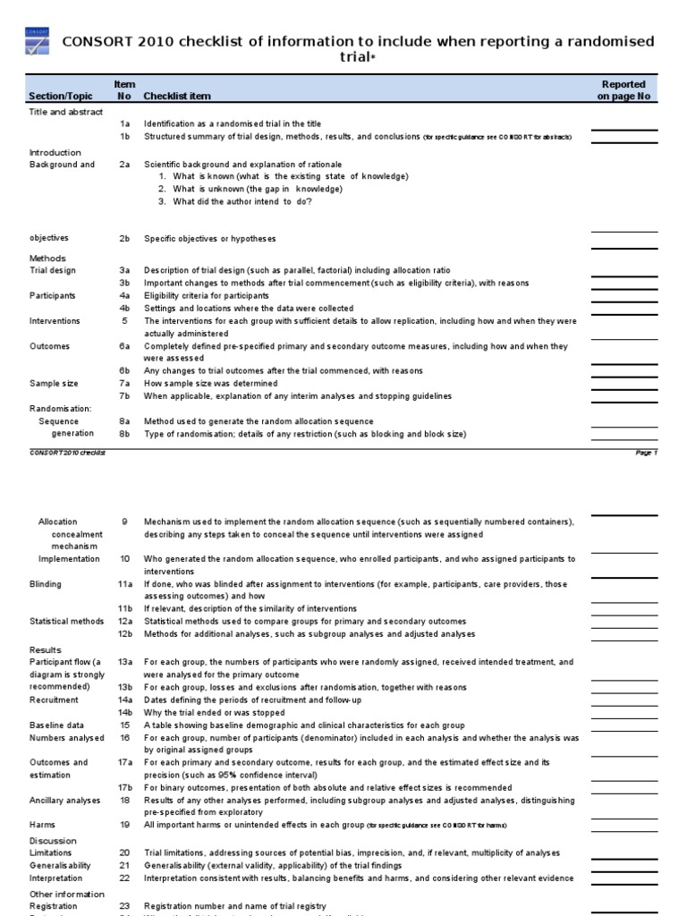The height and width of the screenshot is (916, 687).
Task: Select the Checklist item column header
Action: pos(177,96)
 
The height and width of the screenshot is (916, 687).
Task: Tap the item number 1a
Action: pos(125,124)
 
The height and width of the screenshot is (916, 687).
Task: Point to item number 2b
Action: pos(125,239)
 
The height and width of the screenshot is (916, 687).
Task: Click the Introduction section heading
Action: pos(55,152)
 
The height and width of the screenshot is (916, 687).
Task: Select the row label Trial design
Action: pos(53,270)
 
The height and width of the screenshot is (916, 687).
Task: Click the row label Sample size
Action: pos(54,384)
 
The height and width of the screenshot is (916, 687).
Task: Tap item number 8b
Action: pos(125,434)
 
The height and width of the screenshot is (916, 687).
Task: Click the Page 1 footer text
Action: pos(646,454)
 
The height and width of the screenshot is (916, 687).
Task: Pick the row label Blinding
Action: pos(46,584)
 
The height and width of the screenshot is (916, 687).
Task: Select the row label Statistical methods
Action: pos(66,622)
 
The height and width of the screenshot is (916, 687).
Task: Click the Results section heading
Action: pos(45,649)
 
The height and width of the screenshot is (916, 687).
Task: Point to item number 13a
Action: pos(125,662)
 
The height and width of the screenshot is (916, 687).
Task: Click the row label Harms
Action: pos(42,825)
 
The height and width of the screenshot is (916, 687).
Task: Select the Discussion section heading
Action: pos(53,841)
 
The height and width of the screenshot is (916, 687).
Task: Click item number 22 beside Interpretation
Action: pos(125,878)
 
